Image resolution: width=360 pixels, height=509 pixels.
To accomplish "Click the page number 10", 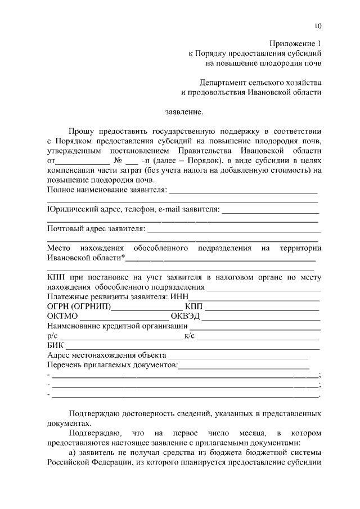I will [318, 26].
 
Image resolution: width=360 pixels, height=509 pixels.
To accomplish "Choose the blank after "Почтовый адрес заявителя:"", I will [233, 229].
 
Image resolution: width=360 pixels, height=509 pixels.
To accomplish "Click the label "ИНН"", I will [179, 296].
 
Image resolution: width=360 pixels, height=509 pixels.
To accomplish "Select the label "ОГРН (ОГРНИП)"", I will [79, 307].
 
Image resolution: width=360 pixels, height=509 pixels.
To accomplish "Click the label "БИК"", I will [56, 345].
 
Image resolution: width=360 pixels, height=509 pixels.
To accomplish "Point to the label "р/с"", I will [53, 336].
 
